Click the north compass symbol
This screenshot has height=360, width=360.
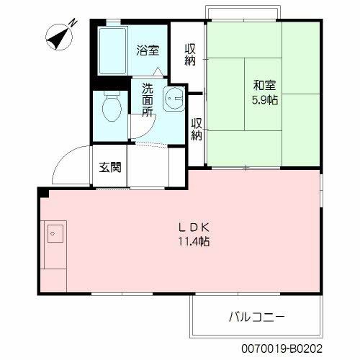pos(58,37)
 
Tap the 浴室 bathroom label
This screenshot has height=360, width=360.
pos(148,50)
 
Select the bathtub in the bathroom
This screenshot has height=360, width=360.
pos(112,51)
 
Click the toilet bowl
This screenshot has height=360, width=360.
pos(112,106)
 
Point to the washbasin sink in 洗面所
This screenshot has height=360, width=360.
pos(174,99)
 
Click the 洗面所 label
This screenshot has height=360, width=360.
pos(148,100)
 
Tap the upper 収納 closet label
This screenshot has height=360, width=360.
pos(190,55)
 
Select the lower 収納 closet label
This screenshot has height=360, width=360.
pos(197,129)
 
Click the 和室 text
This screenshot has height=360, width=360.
pos(265,85)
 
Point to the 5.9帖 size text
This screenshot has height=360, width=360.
pos(265,100)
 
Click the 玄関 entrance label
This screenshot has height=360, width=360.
pos(110,167)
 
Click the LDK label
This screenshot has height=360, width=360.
pos(194,228)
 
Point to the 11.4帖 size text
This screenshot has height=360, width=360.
pos(194,241)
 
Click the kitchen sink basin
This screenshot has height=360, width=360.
pos(55,233)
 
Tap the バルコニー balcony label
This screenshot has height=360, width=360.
pos(257,317)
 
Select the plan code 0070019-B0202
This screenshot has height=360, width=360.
pos(282,348)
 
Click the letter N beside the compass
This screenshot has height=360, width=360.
pos(73,22)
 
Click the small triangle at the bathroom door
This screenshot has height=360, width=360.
pos(158,72)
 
